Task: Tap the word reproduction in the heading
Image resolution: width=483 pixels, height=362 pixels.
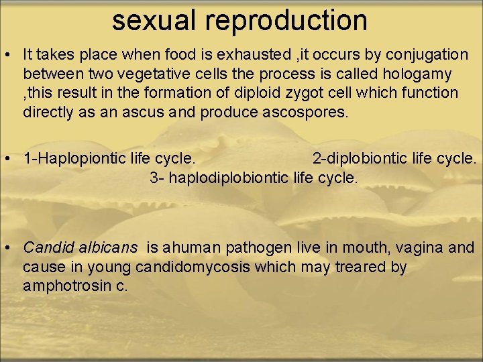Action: pyautogui.click(x=287, y=21)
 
